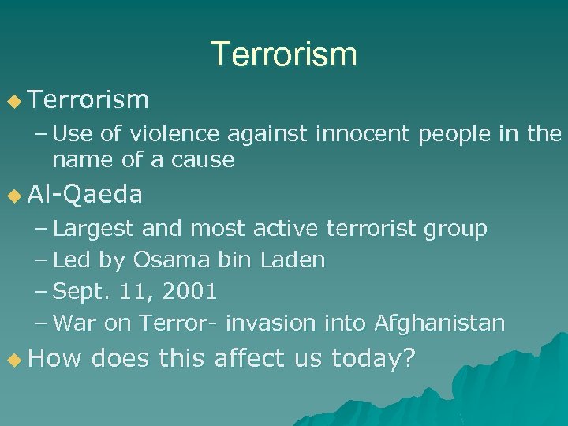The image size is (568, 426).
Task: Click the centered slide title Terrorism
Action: tap(283, 54)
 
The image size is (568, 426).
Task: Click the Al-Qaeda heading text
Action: tap(84, 194)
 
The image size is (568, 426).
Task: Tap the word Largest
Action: tap(95, 229)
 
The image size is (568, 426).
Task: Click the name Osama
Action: tap(166, 260)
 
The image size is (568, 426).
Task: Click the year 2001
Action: tap(189, 291)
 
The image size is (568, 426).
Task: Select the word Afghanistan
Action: tap(439, 323)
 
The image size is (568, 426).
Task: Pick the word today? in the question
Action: tap(373, 360)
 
